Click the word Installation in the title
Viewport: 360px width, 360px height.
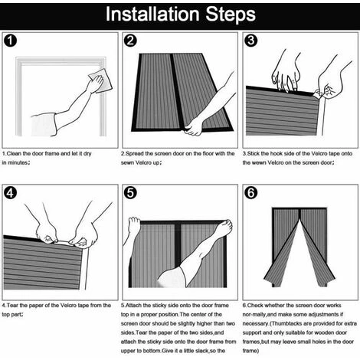152,15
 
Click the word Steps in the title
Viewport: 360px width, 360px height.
231,15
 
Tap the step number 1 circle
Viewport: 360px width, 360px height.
11,41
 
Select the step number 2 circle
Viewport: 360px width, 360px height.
130,41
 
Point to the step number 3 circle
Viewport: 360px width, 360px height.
251,41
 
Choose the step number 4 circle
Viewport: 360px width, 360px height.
11,193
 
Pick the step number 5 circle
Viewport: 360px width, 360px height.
130,193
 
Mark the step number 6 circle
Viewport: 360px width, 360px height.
251,193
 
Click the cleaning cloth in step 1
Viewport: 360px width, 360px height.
101,80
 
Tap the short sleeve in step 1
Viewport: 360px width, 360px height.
44,125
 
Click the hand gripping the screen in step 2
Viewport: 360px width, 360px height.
194,126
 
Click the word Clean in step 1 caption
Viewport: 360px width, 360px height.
14,153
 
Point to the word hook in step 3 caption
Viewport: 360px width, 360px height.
277,153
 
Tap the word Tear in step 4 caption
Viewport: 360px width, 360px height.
12,306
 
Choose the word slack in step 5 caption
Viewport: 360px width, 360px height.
202,351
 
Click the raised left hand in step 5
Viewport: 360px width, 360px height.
134,224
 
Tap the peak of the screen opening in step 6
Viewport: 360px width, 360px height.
299,220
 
